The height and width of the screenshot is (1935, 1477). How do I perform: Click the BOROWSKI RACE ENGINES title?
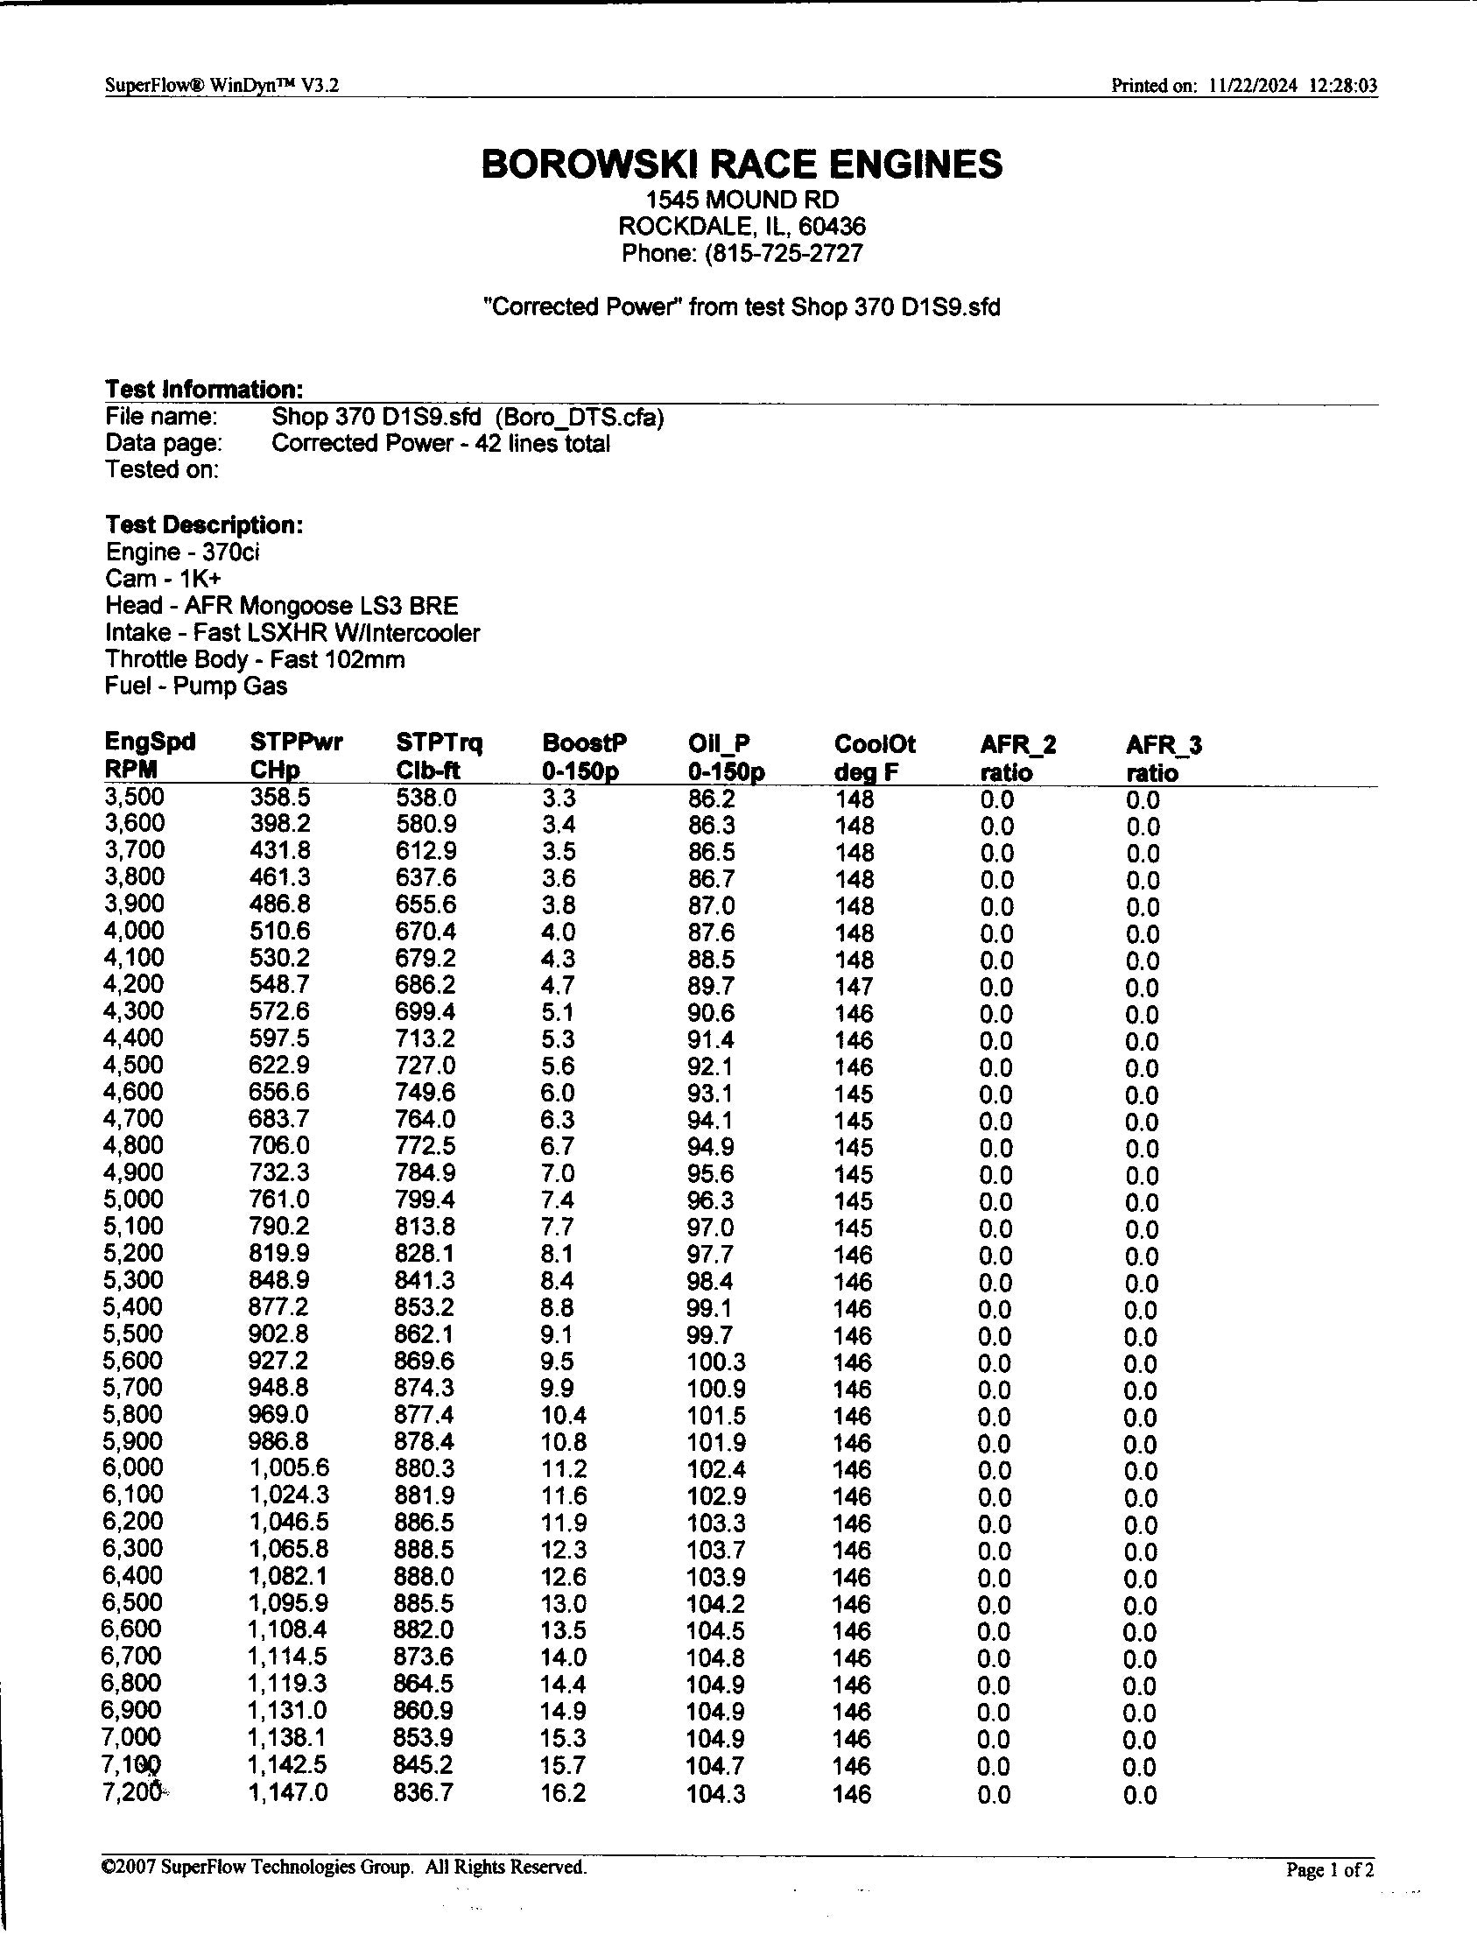point(742,165)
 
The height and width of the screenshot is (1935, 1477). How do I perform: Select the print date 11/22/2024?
point(1253,85)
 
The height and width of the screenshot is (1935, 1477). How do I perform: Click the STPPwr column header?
point(296,743)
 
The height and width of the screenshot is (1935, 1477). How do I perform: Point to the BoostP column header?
point(584,743)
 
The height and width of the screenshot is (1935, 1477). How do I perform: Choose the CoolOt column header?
point(875,744)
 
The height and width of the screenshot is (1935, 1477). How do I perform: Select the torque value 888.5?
point(425,1550)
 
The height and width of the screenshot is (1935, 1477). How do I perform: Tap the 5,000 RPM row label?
point(133,1200)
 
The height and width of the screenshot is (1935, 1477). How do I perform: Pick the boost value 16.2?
point(563,1792)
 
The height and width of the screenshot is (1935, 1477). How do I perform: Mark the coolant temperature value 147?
point(854,987)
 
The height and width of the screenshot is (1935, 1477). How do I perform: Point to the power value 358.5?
point(278,798)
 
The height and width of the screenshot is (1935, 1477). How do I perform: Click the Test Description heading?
point(204,524)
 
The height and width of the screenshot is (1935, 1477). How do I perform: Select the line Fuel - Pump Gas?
point(196,686)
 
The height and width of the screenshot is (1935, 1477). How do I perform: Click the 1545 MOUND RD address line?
point(742,200)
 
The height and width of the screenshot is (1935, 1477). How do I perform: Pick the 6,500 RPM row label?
point(133,1602)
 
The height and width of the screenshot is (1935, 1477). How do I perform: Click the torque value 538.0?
point(426,798)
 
